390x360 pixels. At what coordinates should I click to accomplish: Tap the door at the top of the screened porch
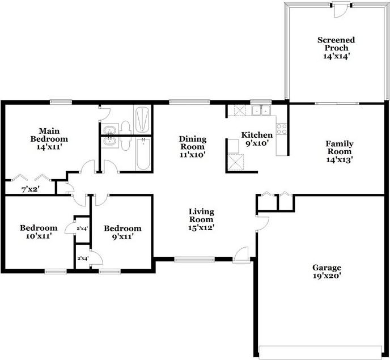coord(341,10)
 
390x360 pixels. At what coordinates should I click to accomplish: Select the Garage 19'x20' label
coord(327,272)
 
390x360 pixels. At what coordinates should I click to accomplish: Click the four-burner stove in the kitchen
coord(282,129)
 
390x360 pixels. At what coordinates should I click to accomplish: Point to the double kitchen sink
coord(261,110)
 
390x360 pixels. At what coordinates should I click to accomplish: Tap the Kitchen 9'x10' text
coord(257,139)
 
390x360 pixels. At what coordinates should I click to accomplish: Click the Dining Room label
coord(193,143)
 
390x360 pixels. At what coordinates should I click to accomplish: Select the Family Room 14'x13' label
coord(340,151)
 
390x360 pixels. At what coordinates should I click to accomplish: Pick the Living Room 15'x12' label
coord(201,219)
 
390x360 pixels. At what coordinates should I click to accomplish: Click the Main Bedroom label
coord(49,135)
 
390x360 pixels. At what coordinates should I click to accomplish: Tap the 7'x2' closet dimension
coord(31,190)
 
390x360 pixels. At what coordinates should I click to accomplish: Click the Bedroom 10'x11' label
coord(39,232)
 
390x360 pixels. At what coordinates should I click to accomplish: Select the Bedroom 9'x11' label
coord(122,232)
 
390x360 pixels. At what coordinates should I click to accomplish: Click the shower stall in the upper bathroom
coord(142,119)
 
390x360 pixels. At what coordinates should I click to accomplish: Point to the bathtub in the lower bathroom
coord(143,154)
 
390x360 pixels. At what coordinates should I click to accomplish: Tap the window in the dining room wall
coord(189,101)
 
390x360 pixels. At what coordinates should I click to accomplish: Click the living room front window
coord(194,260)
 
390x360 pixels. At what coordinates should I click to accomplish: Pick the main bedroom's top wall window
coord(61,101)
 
